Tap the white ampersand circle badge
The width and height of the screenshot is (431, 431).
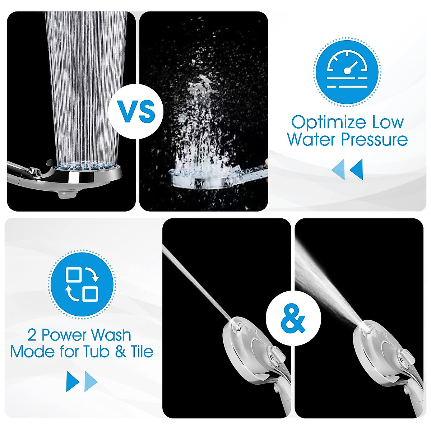coord(293,318)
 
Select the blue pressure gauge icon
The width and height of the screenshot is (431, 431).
coord(347,71)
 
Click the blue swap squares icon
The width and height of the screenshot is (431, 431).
coord(82,284)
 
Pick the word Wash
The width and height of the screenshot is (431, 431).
coord(110,335)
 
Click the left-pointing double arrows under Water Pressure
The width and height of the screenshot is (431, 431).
coord(347,170)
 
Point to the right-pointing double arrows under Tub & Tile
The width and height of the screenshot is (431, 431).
coord(82,381)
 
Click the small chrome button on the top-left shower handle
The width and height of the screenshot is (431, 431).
coord(35,171)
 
